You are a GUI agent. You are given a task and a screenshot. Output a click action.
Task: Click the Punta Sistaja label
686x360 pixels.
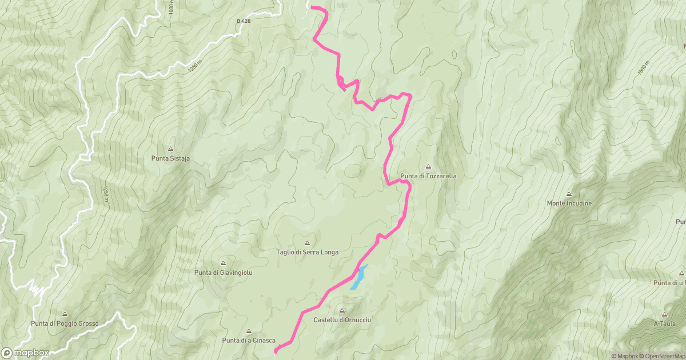click(x=170, y=159)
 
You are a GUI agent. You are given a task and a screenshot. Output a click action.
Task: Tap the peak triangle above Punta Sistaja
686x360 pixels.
click(x=170, y=149)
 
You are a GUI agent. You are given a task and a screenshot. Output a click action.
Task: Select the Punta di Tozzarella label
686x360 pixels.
click(x=428, y=176)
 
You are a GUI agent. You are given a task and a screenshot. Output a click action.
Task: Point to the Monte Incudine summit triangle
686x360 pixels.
click(x=569, y=194)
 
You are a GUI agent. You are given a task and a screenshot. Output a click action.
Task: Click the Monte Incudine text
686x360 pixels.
click(x=569, y=203)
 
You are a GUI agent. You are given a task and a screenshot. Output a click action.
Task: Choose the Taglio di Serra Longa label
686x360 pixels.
click(x=307, y=252)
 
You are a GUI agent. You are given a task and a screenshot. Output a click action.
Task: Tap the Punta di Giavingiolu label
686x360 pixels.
click(x=223, y=273)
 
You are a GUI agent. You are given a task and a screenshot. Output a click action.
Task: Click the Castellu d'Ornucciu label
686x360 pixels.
click(x=342, y=320)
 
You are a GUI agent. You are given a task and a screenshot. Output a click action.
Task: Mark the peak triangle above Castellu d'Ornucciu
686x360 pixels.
click(x=342, y=311)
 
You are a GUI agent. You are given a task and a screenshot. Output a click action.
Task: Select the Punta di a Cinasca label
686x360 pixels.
click(x=249, y=341)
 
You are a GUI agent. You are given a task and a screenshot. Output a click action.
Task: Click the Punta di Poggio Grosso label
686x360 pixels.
click(x=65, y=323)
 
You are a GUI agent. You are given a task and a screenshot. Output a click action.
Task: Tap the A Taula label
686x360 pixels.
click(x=664, y=323)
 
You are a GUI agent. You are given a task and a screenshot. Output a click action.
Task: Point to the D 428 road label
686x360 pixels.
click(x=244, y=21)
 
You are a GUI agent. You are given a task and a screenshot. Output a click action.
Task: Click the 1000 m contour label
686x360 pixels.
click(x=171, y=7)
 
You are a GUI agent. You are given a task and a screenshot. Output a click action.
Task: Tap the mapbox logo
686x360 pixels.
click(x=25, y=353)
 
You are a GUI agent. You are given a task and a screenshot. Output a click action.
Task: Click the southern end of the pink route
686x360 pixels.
click(x=276, y=350)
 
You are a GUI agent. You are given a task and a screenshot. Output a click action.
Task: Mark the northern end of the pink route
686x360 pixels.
click(x=312, y=7)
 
